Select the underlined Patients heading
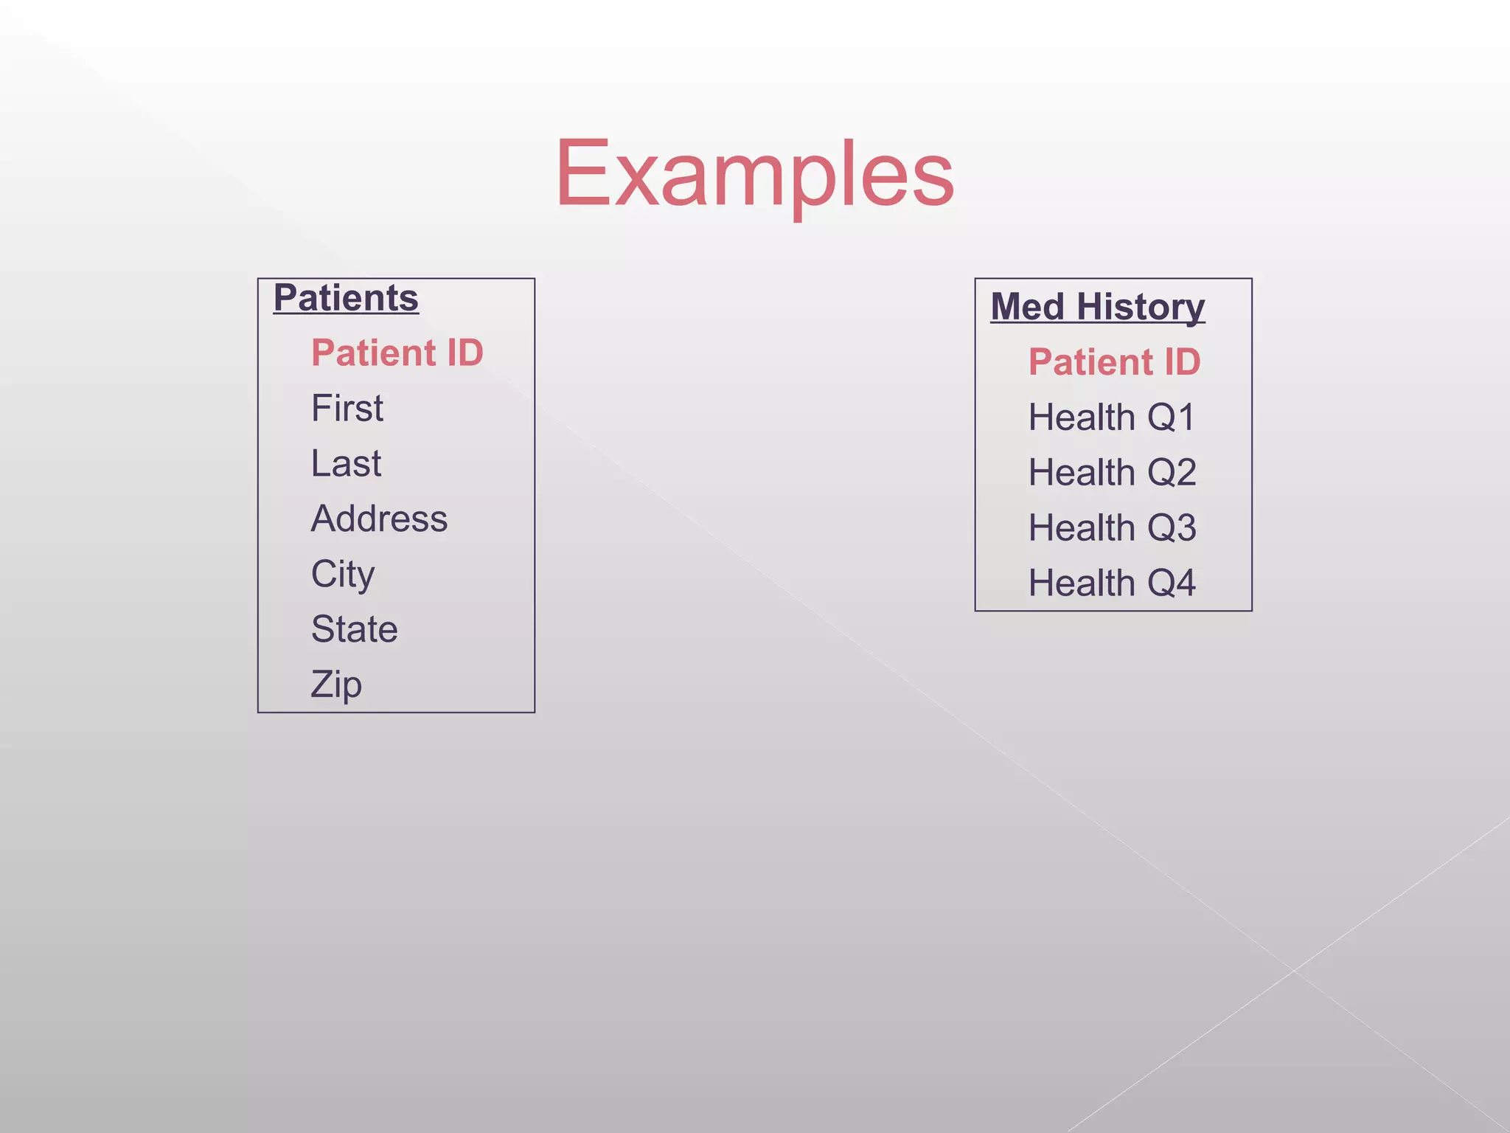[346, 298]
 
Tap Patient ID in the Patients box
[397, 353]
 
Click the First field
[347, 408]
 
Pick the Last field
[346, 463]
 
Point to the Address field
[379, 519]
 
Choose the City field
[343, 574]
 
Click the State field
[354, 629]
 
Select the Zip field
[336, 685]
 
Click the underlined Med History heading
[1097, 307]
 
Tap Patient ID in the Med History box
[1114, 362]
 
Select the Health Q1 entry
[1111, 417]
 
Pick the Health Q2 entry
[1112, 473]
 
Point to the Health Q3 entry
[1112, 528]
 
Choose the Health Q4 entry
[1112, 583]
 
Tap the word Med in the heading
[1027, 307]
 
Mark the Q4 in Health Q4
[1172, 583]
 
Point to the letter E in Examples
[582, 174]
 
